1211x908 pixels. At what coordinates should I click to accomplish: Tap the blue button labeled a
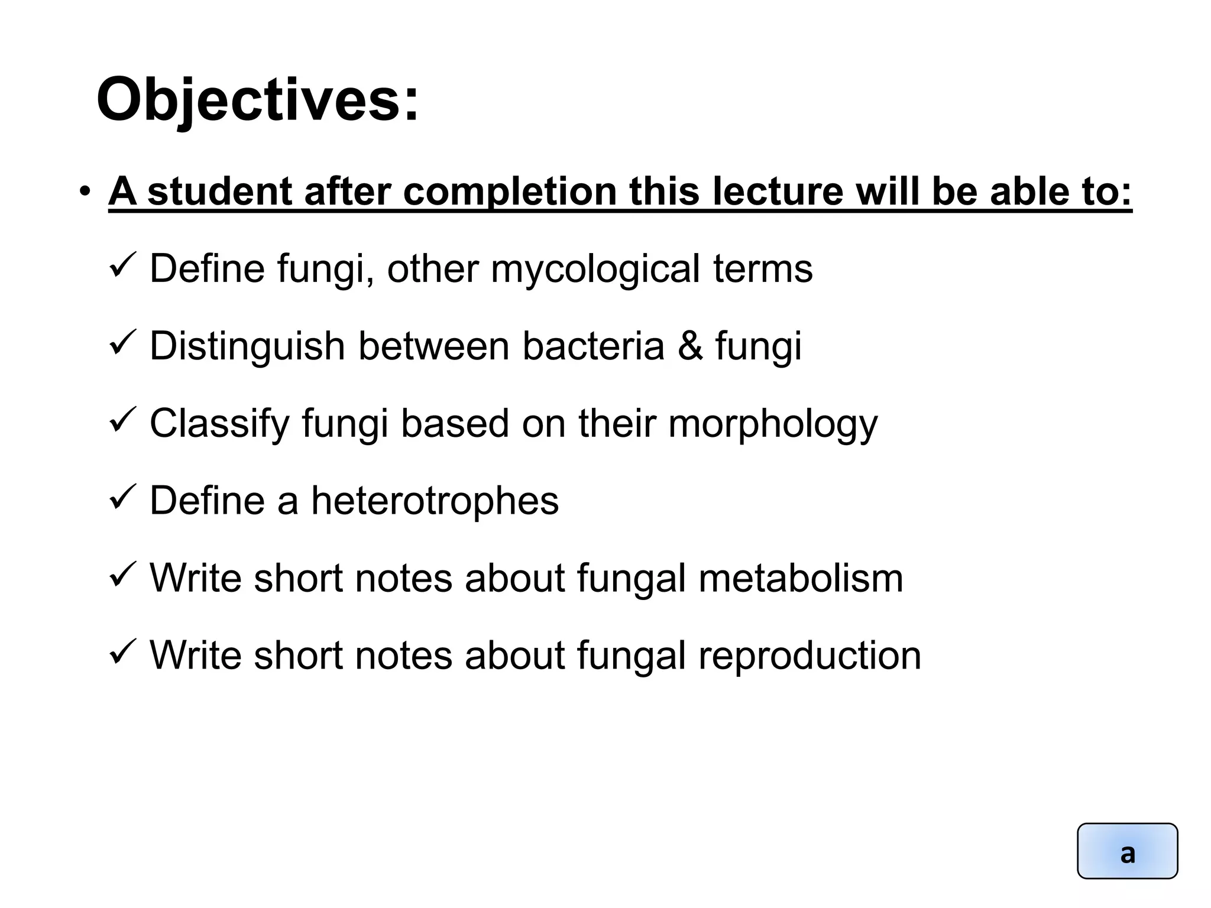pos(1127,851)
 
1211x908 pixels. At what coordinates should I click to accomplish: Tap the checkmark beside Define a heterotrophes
pos(123,498)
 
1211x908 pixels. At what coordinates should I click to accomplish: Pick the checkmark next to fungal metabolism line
pos(123,575)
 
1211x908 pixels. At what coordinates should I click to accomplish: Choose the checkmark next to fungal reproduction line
pos(123,653)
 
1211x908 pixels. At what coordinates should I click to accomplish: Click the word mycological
pos(595,270)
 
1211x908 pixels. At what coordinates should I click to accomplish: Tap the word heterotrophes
pos(435,501)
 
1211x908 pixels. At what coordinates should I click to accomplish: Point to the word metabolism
pos(801,578)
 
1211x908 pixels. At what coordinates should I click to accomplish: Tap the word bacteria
pos(593,346)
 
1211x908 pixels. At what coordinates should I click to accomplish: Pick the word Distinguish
pos(247,346)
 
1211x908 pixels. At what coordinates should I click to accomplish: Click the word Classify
pos(219,424)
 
